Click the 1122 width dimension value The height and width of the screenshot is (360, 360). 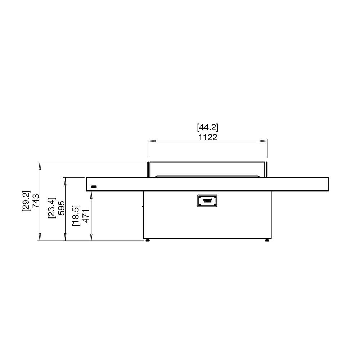pyautogui.click(x=208, y=137)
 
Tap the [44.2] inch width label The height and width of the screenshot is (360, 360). pyautogui.click(x=208, y=127)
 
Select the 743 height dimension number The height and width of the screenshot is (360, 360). pyautogui.click(x=36, y=201)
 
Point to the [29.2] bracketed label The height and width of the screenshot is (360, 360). pyautogui.click(x=26, y=201)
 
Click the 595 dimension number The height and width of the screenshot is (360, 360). pyautogui.click(x=61, y=208)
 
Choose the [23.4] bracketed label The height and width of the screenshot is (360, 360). pyautogui.click(x=51, y=208)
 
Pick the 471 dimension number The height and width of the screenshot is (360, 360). pyautogui.click(x=86, y=216)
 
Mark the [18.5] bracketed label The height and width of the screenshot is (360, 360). pyautogui.click(x=76, y=216)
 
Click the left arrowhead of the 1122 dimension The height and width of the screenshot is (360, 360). pyautogui.click(x=152, y=141)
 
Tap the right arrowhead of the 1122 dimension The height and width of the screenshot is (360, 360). pyautogui.click(x=264, y=141)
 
